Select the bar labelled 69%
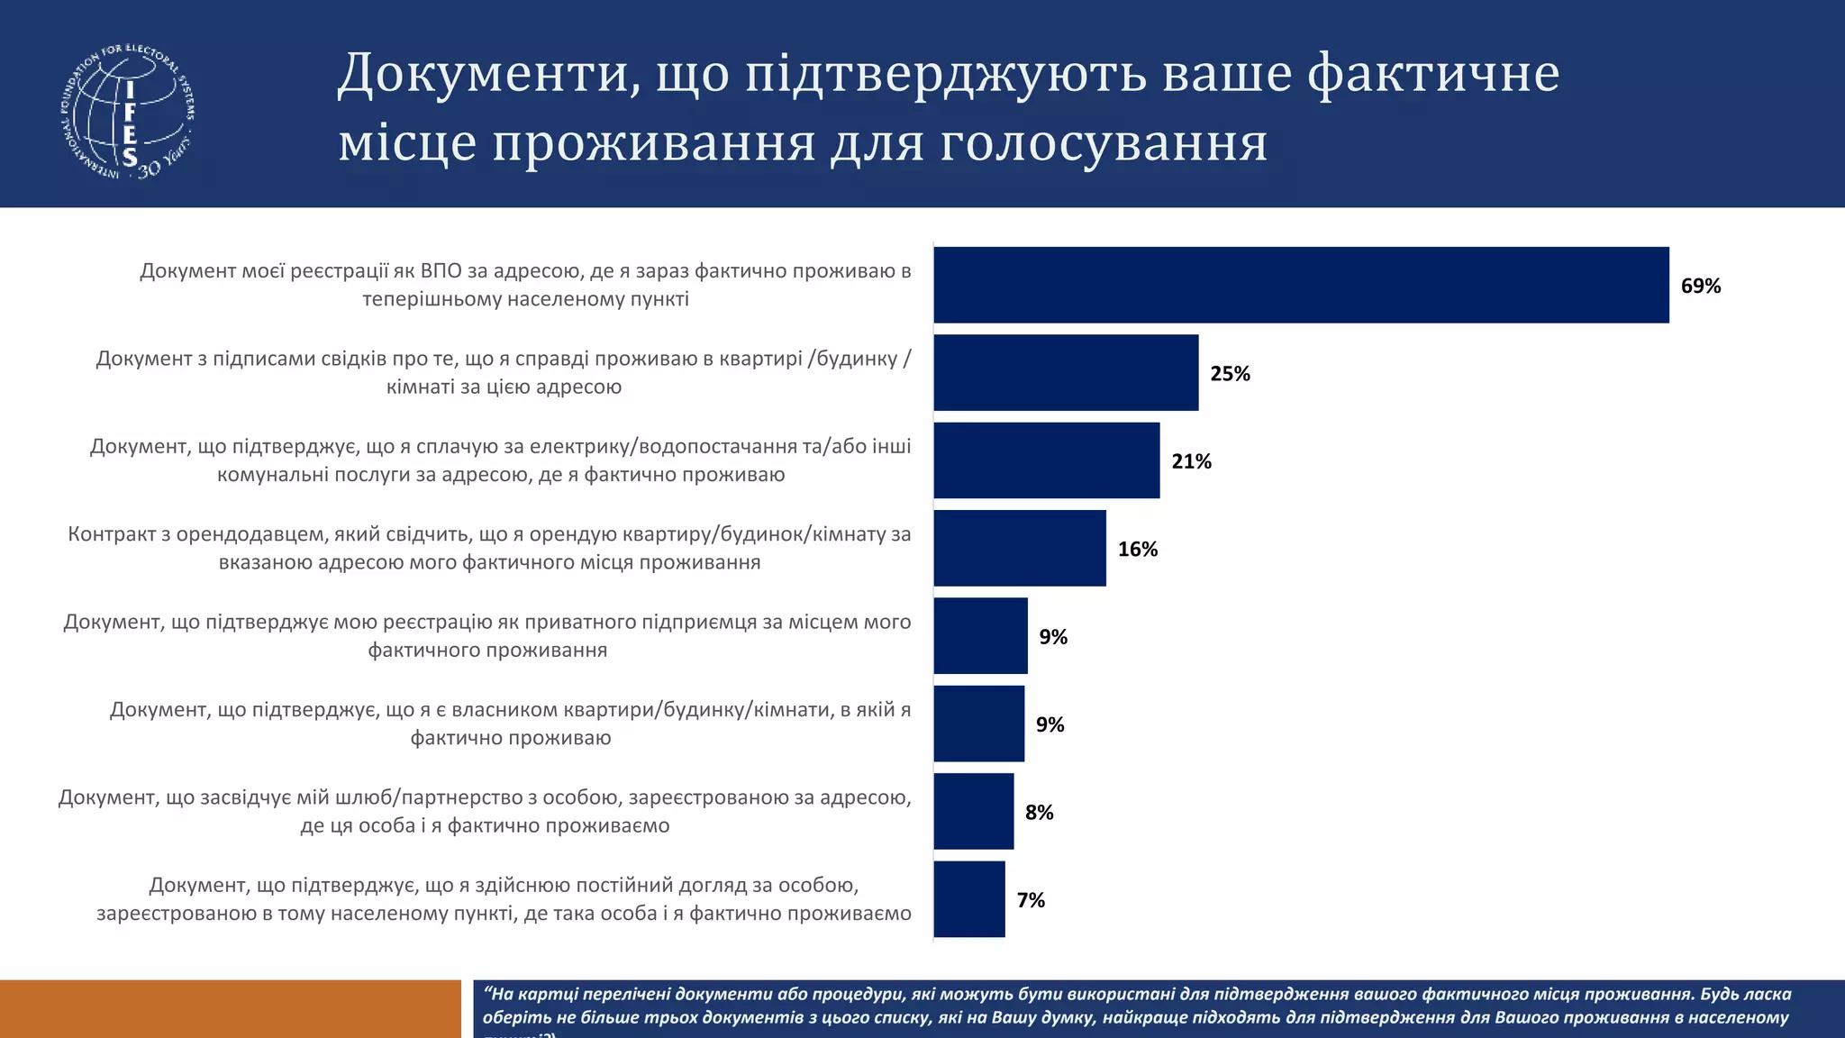(1301, 285)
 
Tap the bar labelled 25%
(1066, 373)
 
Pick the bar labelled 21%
(1046, 460)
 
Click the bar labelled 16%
(1020, 548)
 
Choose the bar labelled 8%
(973, 811)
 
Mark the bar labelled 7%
(968, 899)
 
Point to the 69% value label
(1701, 287)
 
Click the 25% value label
(1230, 374)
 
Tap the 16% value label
(1138, 550)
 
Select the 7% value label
(1031, 900)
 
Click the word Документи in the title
(482, 74)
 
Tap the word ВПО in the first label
(441, 271)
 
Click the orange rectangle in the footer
(230, 1008)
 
